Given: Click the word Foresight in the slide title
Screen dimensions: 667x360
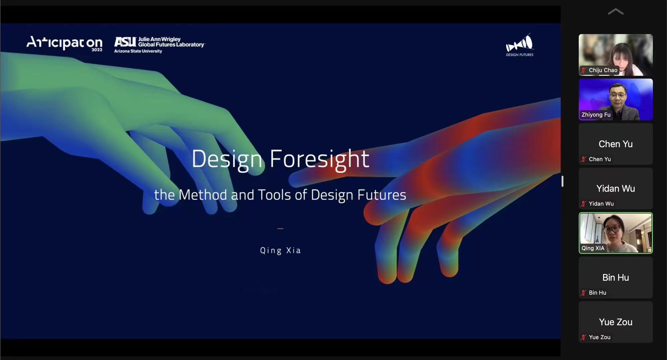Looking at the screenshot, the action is click(x=319, y=159).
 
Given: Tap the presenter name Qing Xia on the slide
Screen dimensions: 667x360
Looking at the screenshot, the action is click(x=280, y=250).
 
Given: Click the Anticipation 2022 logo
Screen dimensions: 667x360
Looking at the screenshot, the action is click(x=64, y=43).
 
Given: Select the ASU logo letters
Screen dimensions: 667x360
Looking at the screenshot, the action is click(x=125, y=42).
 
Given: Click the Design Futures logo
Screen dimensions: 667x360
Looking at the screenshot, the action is click(x=520, y=45).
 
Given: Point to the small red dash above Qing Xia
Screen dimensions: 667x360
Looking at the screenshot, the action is click(x=280, y=229).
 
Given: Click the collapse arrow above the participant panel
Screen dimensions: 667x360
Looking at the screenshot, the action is click(x=616, y=12).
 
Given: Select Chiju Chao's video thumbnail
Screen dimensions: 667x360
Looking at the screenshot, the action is click(x=616, y=55).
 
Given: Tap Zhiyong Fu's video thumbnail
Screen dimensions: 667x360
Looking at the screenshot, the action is click(x=616, y=99).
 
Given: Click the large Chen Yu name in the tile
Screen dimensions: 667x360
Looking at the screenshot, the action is click(x=615, y=144).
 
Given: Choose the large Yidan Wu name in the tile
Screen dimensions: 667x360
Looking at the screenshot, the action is click(x=615, y=189).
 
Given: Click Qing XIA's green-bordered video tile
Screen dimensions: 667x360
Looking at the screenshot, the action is click(x=616, y=233).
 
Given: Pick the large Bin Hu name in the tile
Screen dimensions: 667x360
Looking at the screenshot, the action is click(x=615, y=278).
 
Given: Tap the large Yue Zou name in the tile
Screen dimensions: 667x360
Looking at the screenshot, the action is click(x=615, y=322).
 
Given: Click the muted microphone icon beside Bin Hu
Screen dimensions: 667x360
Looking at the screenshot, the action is click(x=583, y=293).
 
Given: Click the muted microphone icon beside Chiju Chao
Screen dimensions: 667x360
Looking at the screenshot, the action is click(x=583, y=70).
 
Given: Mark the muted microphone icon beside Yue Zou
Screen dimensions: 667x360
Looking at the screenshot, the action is click(x=583, y=337).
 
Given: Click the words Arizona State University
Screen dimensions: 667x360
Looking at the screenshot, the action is click(x=138, y=51).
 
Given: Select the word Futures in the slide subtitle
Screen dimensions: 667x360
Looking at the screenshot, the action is click(x=382, y=195).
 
